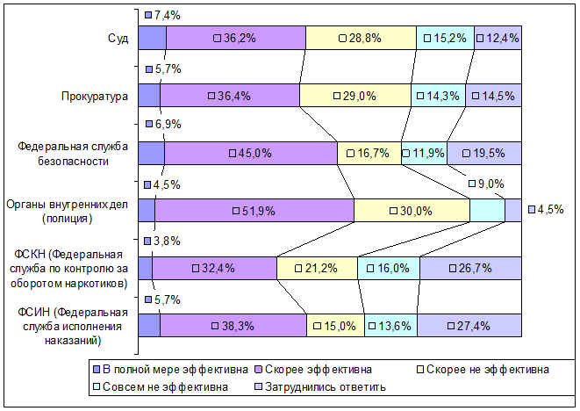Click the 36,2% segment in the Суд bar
tap(236, 38)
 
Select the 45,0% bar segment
tap(251, 153)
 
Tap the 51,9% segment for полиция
tap(254, 211)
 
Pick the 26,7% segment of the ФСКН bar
tap(470, 268)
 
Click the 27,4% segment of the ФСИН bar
tap(469, 326)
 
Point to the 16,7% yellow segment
tap(369, 153)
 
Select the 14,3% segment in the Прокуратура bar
tap(439, 96)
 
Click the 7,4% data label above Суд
tap(162, 15)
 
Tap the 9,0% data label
tap(487, 184)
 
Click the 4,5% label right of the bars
tap(547, 210)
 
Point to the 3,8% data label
tap(162, 241)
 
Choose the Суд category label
tap(118, 38)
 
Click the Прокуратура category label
tap(95, 97)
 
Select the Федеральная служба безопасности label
tap(73, 154)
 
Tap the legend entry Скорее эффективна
tap(313, 369)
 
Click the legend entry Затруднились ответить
tap(320, 387)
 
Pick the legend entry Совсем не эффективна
tap(161, 387)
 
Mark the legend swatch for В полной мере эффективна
tap(97, 370)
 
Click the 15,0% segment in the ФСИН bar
tap(335, 326)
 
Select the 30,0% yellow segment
tap(412, 211)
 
